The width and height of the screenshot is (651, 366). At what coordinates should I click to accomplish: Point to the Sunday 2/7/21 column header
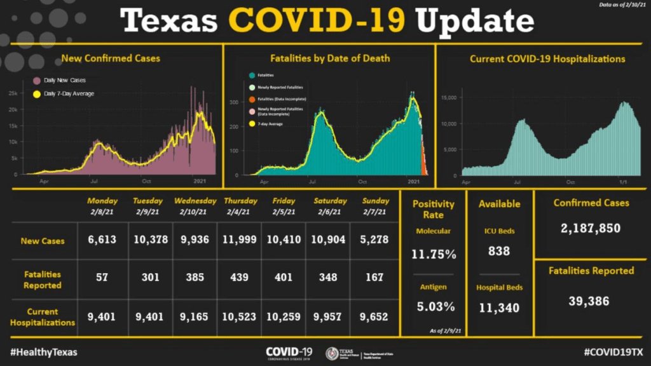376,205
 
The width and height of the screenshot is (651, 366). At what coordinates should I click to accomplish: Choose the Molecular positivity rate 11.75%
434,255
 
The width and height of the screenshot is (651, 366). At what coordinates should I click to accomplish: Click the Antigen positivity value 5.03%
434,307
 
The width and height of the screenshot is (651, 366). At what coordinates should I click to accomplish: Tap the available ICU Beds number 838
499,251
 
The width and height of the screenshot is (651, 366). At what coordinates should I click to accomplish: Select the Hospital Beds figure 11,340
499,309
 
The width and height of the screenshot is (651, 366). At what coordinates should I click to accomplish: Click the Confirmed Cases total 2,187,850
591,228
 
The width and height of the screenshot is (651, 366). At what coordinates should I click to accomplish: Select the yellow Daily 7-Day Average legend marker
36,94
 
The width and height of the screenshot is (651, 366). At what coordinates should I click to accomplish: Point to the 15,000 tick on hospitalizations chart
448,97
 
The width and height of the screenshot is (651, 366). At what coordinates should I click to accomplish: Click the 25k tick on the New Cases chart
13,93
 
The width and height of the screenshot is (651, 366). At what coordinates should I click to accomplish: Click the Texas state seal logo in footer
331,353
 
